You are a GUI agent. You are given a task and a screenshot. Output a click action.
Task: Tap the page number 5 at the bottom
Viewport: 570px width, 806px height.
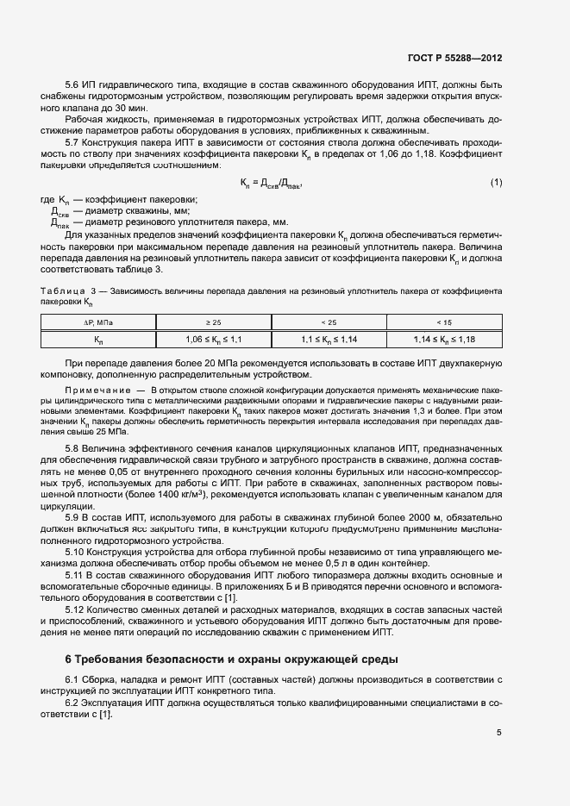pyautogui.click(x=498, y=734)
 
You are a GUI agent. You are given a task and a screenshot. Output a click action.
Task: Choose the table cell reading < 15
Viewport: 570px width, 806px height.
pyautogui.click(x=444, y=322)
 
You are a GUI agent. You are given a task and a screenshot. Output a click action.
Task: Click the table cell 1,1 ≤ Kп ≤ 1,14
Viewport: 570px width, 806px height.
pyautogui.click(x=329, y=340)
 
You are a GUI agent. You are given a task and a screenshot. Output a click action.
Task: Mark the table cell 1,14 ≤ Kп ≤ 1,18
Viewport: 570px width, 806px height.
pyautogui.click(x=444, y=340)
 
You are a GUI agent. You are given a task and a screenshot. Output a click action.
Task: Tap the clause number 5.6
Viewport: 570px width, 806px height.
pyautogui.click(x=73, y=86)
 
